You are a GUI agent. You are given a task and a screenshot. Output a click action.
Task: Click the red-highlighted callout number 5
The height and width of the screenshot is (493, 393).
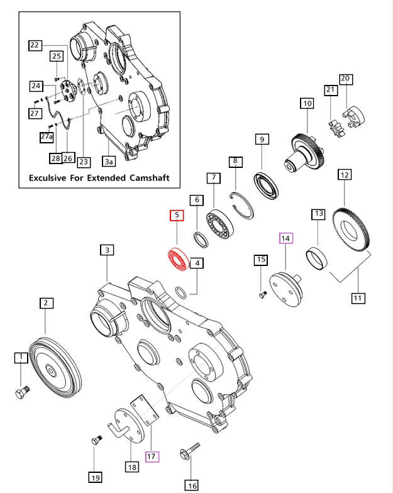177,215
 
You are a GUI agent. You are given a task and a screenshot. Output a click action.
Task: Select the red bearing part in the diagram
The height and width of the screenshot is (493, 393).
179,260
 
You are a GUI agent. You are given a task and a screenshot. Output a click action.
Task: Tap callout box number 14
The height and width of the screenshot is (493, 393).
286,238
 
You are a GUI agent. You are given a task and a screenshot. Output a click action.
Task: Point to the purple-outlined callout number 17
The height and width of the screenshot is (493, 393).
152,457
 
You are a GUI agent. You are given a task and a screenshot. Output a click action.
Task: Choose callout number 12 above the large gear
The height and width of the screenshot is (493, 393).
344,174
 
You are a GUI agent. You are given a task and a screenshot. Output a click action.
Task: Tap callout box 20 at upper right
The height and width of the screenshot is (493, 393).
345,79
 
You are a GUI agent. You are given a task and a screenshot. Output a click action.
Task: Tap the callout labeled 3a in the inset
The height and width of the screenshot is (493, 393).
109,162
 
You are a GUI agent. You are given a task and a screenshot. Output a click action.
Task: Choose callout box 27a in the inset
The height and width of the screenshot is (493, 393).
47,136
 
